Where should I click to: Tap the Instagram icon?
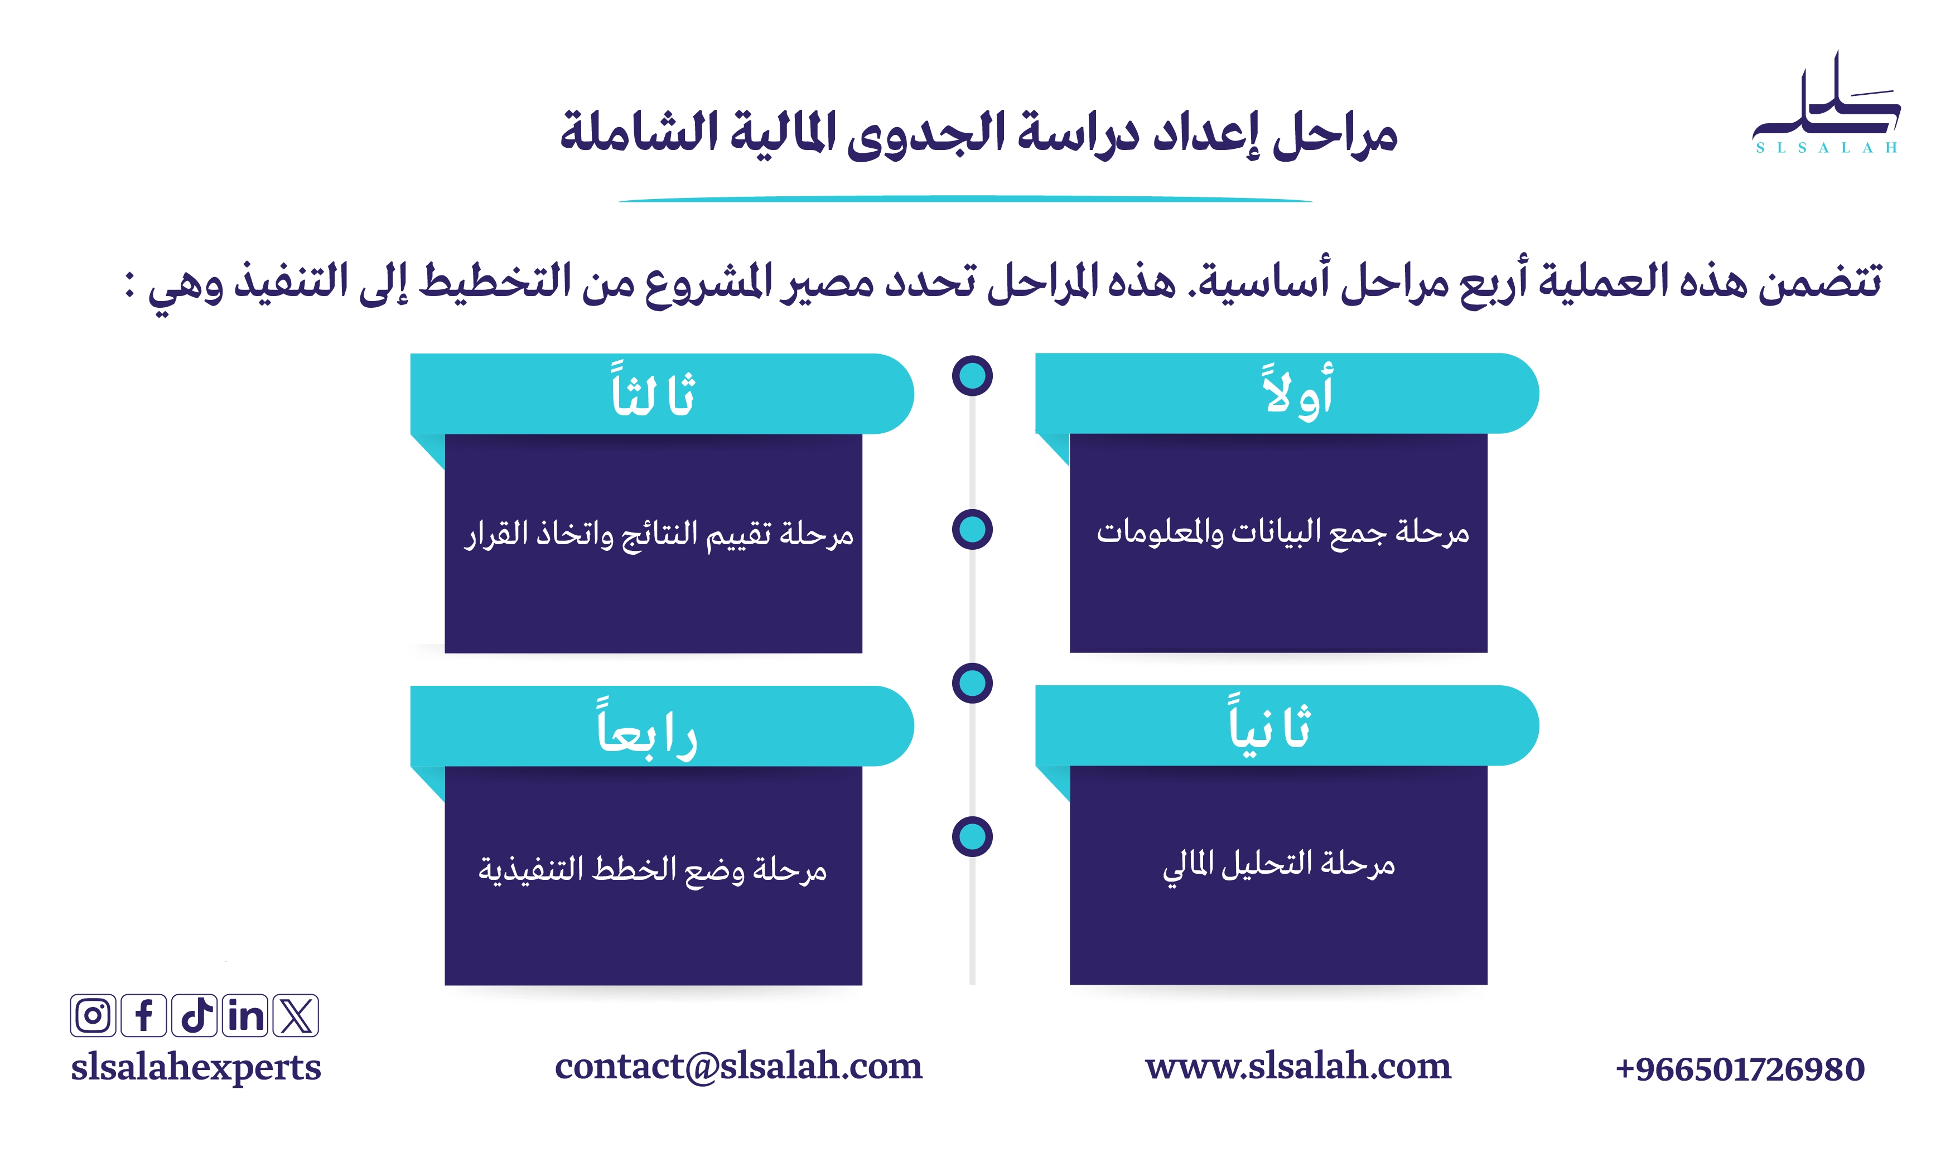[93, 1015]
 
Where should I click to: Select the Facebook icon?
[144, 1015]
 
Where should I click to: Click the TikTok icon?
[194, 1015]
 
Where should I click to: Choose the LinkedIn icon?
[245, 1015]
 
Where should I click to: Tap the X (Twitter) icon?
[296, 1015]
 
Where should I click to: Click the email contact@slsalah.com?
[738, 1067]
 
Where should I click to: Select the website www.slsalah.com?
[1297, 1067]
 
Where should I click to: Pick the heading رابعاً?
[647, 728]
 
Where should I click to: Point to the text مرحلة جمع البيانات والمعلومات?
[1283, 533]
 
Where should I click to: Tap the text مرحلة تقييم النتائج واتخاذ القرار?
[659, 535]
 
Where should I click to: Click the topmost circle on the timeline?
[972, 376]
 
